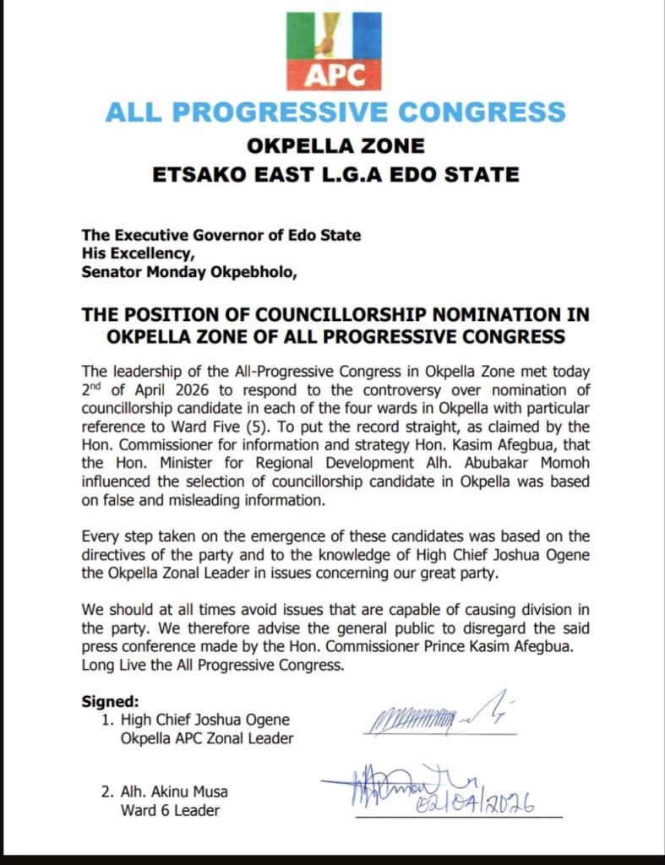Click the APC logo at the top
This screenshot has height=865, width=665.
334,51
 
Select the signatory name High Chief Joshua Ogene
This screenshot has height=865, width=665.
194,720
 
